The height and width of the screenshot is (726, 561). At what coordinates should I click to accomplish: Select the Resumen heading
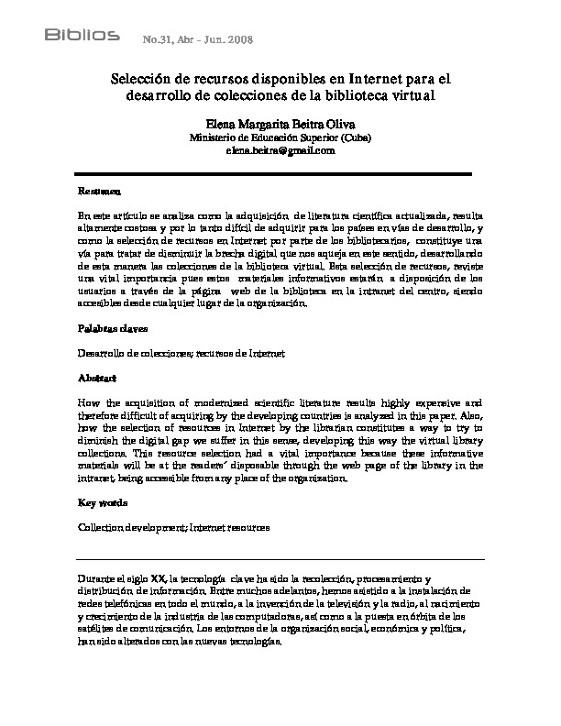coord(97,193)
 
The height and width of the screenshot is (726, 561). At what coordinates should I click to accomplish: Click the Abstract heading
coord(97,377)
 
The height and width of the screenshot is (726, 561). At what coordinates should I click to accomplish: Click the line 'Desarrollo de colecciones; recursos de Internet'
coord(181,352)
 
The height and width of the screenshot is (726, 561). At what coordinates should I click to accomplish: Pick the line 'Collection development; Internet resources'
coord(174,528)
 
